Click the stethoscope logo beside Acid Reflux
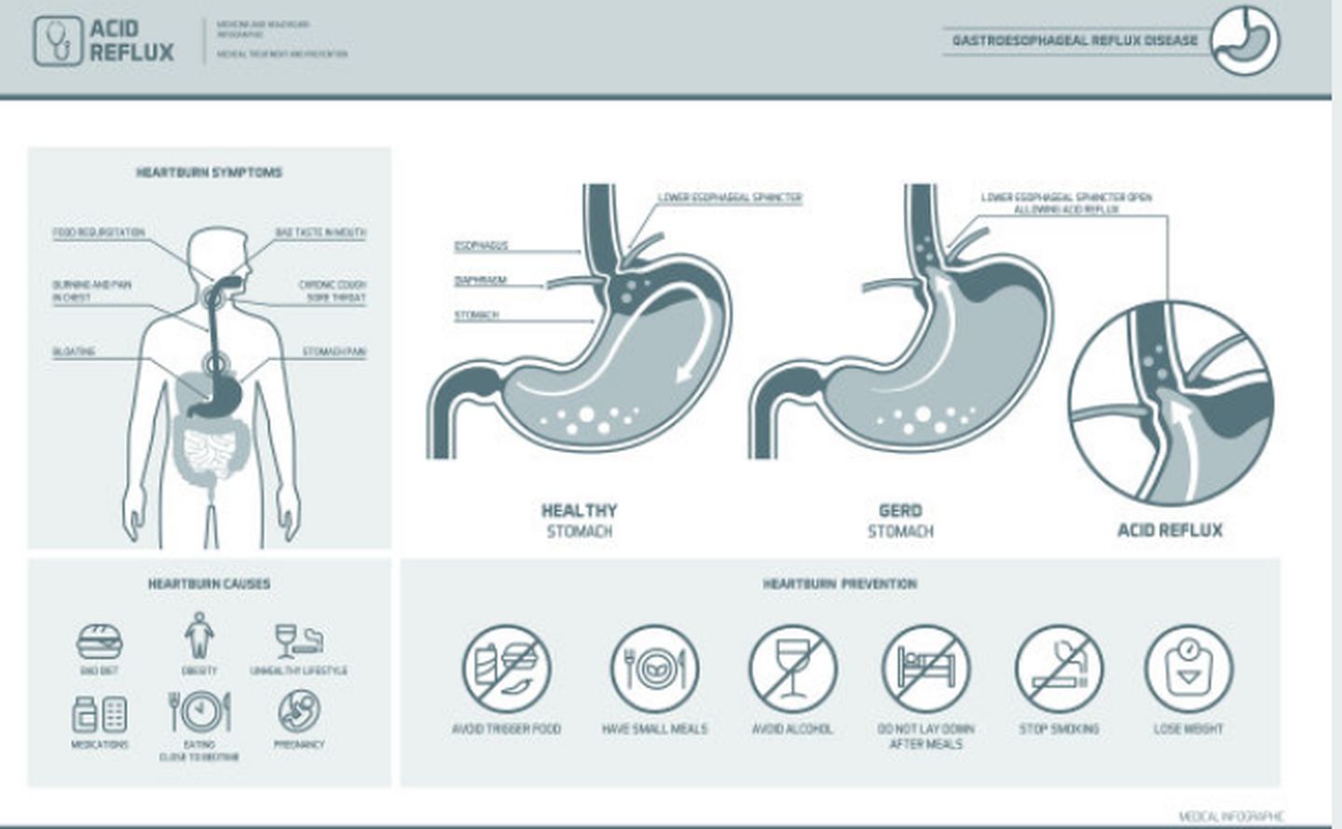point(58,41)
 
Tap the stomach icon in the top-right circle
point(1246,40)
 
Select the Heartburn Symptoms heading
point(209,173)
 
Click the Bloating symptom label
point(74,352)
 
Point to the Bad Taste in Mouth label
point(320,232)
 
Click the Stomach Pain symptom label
point(334,352)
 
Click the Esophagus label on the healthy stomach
point(481,246)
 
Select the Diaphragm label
point(480,281)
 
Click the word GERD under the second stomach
point(900,511)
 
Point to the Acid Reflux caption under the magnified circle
point(1170,531)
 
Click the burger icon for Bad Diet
point(100,642)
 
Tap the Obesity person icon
point(199,636)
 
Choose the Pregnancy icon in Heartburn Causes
point(299,712)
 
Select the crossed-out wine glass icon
point(792,669)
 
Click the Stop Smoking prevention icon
point(1059,669)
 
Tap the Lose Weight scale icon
point(1188,668)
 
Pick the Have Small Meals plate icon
point(654,669)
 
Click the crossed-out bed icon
point(925,669)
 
